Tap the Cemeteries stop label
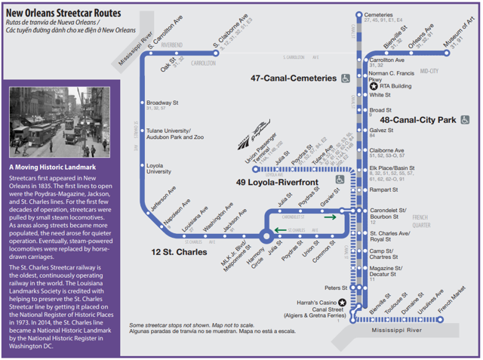coord(379,14)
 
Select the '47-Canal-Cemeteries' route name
coord(294,78)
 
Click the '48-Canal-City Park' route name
coord(418,119)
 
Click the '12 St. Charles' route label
coord(179,252)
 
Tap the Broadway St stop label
coord(162,102)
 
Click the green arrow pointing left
coord(280,229)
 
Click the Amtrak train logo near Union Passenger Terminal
coord(248,141)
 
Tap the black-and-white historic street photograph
coord(60,121)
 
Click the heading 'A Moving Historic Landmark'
coord(53,167)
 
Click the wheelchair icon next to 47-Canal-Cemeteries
coord(345,78)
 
